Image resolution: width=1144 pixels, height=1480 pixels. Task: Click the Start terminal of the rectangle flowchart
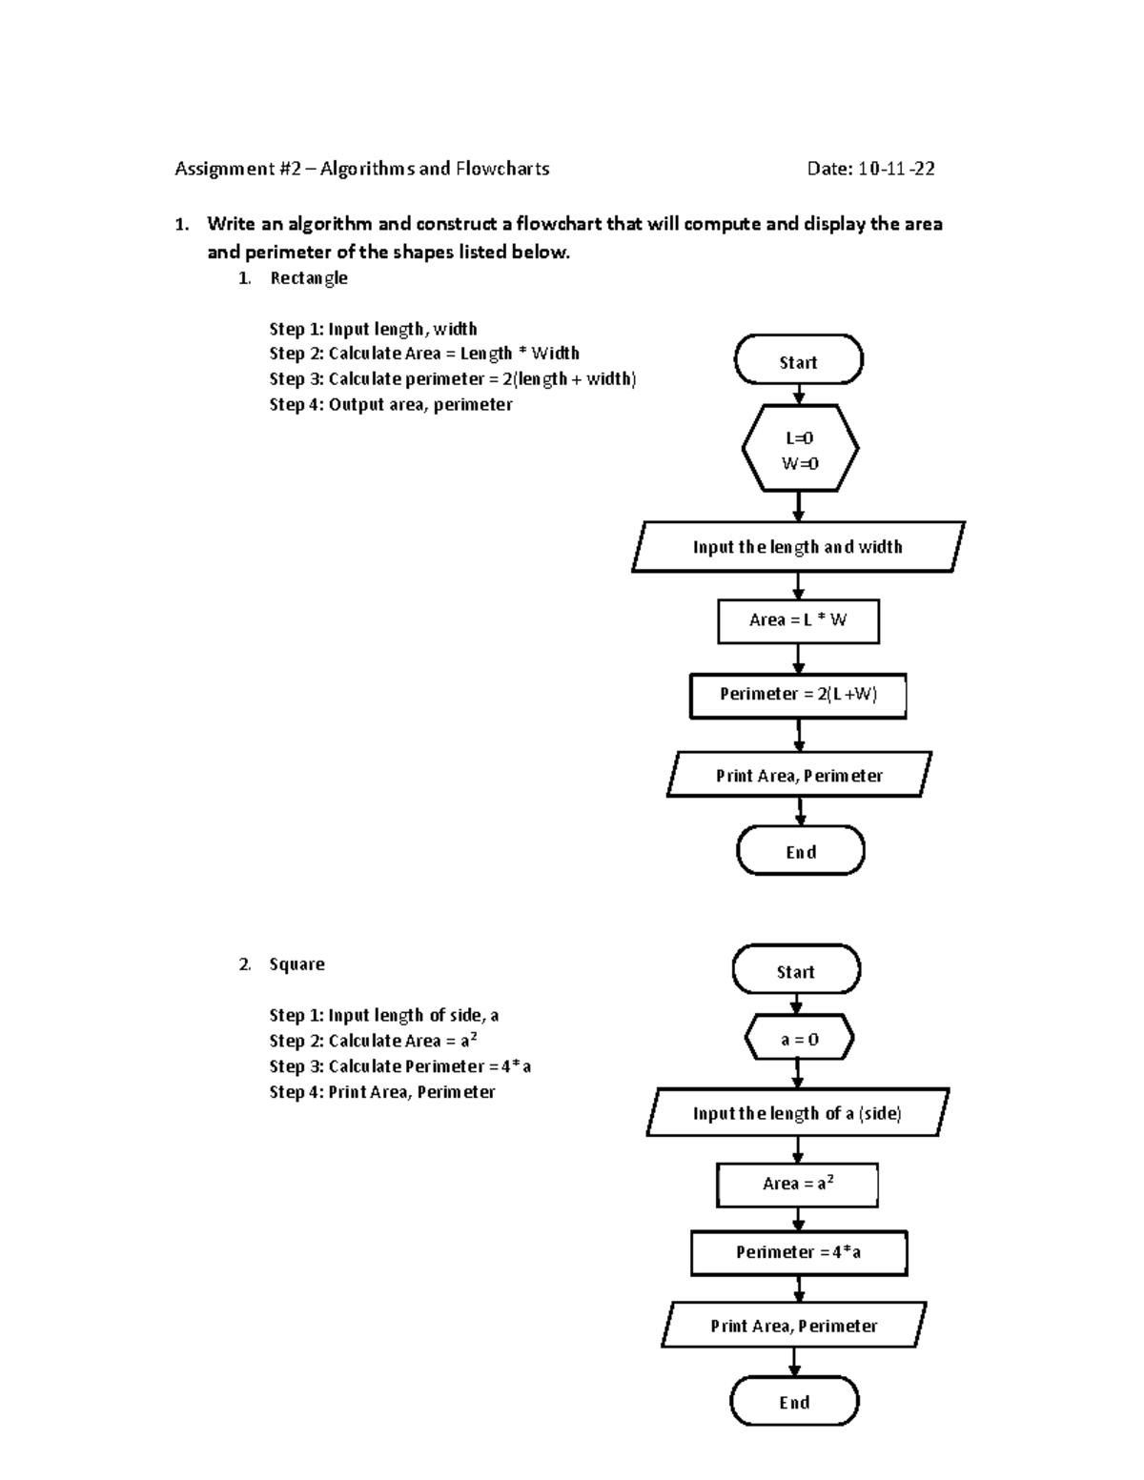click(x=798, y=361)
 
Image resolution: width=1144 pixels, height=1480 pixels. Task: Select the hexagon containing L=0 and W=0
click(x=799, y=450)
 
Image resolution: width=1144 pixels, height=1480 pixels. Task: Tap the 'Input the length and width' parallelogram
click(x=798, y=547)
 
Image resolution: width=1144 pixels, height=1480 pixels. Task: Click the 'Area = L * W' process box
click(x=798, y=620)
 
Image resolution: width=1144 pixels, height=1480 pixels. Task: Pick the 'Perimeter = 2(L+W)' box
click(x=798, y=695)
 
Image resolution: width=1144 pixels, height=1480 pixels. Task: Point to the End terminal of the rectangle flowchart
click(x=800, y=851)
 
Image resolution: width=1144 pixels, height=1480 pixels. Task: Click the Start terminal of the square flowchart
click(x=796, y=971)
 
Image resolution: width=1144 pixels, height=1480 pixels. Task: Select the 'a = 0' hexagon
click(x=799, y=1040)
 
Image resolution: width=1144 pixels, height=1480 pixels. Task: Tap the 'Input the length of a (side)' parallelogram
click(x=797, y=1113)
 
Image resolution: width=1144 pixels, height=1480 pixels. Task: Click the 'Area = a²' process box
click(x=797, y=1185)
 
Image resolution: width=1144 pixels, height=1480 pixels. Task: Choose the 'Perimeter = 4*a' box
click(x=798, y=1252)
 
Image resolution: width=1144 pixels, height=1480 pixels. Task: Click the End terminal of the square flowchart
click(x=794, y=1402)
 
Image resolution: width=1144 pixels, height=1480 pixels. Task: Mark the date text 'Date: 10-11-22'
click(x=870, y=170)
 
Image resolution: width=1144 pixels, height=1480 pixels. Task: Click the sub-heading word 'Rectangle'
click(x=309, y=278)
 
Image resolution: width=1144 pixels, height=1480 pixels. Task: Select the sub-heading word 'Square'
click(x=296, y=964)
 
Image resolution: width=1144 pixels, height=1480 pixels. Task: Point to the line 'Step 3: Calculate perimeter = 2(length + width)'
click(x=452, y=379)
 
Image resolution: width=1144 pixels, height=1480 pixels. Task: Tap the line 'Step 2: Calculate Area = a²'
click(x=373, y=1041)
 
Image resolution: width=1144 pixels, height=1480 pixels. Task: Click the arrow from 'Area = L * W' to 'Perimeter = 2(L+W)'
click(x=799, y=659)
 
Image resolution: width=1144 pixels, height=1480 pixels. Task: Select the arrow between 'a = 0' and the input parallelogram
click(x=798, y=1075)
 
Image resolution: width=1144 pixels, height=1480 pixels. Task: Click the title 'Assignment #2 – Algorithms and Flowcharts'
click(x=361, y=170)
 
